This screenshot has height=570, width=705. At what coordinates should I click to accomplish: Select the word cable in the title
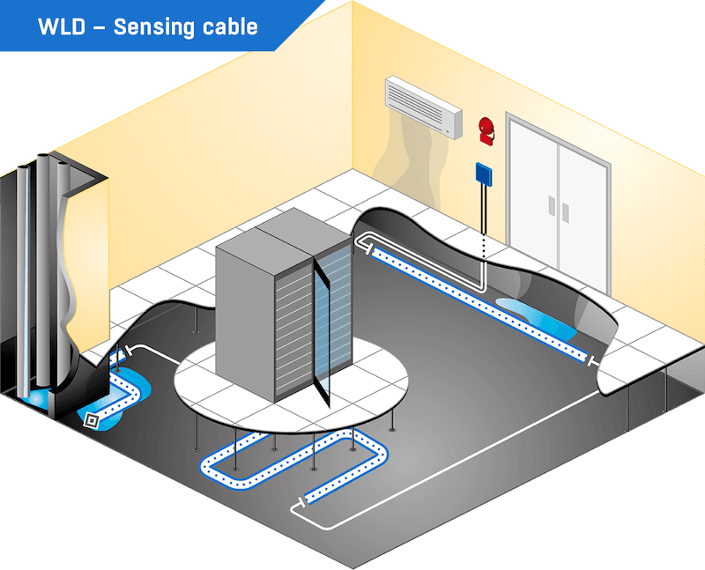(230, 26)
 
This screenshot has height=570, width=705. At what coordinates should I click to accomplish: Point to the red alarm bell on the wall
(486, 129)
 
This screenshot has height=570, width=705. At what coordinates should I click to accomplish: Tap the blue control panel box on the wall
(483, 174)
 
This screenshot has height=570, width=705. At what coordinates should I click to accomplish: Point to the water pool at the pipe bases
(40, 398)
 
